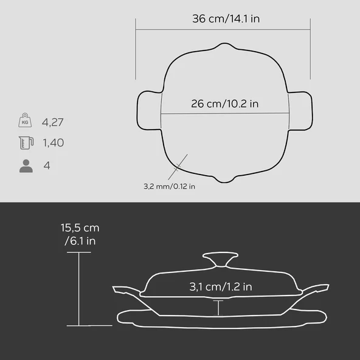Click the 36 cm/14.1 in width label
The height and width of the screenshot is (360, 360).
pyautogui.click(x=226, y=19)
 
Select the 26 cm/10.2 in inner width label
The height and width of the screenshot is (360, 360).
pyautogui.click(x=225, y=103)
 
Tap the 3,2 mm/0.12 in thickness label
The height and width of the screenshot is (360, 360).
pyautogui.click(x=170, y=186)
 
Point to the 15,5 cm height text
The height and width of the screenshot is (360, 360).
pyautogui.click(x=80, y=228)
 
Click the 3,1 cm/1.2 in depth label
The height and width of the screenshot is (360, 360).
pyautogui.click(x=221, y=287)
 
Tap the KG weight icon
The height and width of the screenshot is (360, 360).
pyautogui.click(x=25, y=120)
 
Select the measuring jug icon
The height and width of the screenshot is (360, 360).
pyautogui.click(x=26, y=142)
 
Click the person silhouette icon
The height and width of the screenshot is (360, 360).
pyautogui.click(x=26, y=166)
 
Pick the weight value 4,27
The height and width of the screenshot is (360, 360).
pyautogui.click(x=52, y=122)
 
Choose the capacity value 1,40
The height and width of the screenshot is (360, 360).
pyautogui.click(x=54, y=142)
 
